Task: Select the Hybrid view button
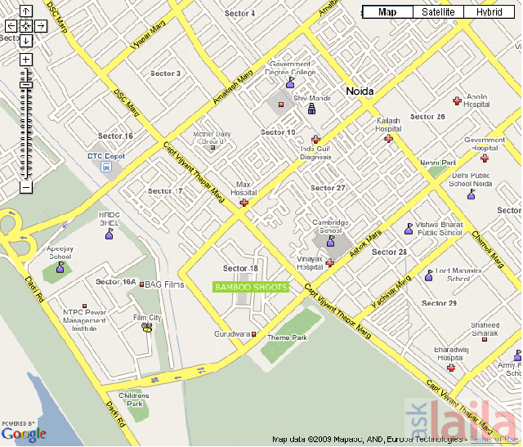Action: point(490,12)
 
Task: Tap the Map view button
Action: point(387,12)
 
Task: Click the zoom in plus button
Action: point(26,60)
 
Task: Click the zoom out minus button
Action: point(26,186)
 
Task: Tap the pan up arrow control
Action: point(26,11)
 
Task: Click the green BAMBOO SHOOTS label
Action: point(251,287)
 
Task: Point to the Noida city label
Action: point(360,92)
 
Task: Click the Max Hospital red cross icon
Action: point(244,201)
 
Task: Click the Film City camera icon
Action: point(148,328)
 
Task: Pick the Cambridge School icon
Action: point(330,242)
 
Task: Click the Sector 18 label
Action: point(240,268)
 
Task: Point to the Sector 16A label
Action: point(115,282)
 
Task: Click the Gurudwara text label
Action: point(232,334)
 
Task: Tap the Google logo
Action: point(25,435)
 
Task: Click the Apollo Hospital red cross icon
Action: point(457,101)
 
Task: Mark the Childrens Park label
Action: point(134,400)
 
